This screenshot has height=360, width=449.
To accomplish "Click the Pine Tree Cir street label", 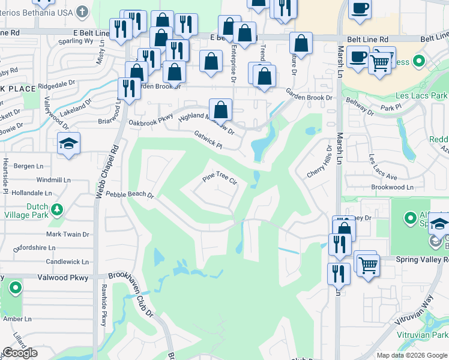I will click(x=220, y=178).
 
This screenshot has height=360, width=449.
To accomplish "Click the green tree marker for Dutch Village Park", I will click(x=57, y=210).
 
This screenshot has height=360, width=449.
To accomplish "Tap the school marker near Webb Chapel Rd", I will click(x=69, y=144).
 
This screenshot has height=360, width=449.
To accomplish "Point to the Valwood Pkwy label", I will click(x=67, y=278).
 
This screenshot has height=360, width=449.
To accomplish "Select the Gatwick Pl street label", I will click(x=208, y=140).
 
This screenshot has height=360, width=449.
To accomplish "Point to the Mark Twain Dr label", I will click(x=68, y=235).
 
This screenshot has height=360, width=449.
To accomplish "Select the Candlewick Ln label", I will click(x=67, y=262).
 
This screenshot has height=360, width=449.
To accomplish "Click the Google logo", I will click(x=20, y=353).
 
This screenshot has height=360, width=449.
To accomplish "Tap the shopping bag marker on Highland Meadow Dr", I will click(x=221, y=110).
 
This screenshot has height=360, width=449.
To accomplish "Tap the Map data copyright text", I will click(x=411, y=355).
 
